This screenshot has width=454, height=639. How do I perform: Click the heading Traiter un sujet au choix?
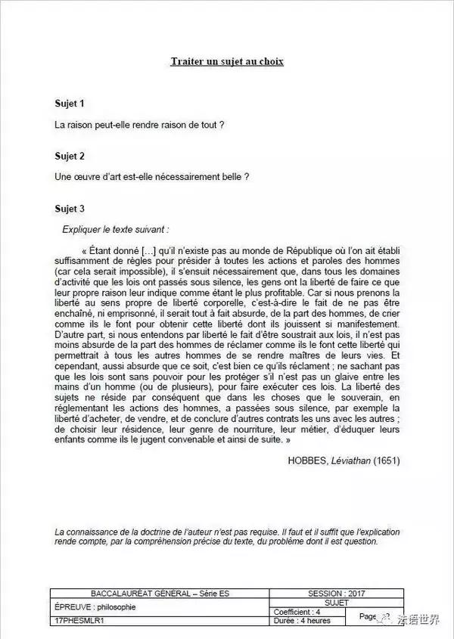tap(227, 60)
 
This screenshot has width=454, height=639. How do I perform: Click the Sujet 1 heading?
tap(70, 102)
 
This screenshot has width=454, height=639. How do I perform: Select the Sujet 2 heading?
tap(70, 156)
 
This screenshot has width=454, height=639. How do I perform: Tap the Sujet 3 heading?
tap(70, 209)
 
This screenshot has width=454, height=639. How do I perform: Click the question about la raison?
tap(139, 123)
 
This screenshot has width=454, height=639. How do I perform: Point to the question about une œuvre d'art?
tap(152, 177)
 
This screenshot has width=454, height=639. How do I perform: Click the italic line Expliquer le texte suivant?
tap(116, 228)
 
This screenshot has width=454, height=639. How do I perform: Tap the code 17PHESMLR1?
tap(81, 620)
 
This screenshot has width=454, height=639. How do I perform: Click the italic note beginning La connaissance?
tap(227, 536)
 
